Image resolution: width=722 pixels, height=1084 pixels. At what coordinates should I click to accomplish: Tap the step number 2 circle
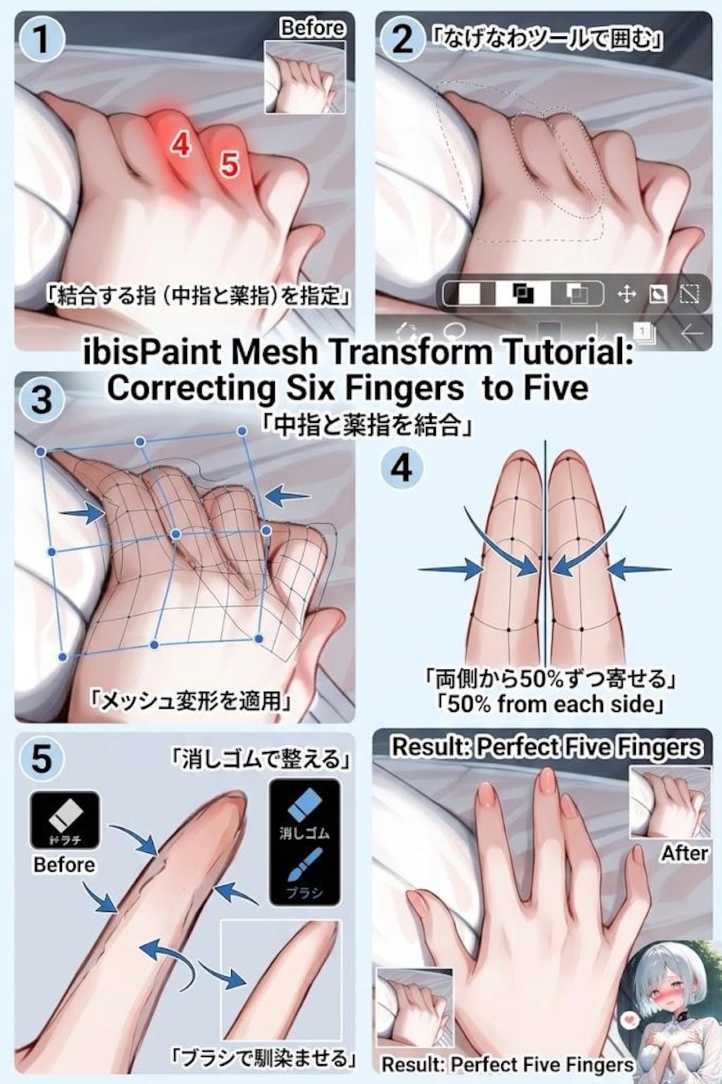point(403,39)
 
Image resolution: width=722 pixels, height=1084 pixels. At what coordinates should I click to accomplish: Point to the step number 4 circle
point(402,467)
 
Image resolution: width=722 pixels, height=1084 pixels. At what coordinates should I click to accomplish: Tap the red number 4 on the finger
point(181,144)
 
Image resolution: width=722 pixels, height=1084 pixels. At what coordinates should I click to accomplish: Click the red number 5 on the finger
point(229,164)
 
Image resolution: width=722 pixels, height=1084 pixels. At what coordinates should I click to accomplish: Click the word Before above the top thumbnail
point(312,27)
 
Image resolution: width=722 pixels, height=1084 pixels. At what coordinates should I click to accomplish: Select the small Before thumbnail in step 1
point(305,77)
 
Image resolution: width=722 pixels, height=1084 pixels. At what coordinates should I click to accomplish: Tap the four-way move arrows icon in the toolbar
point(626,294)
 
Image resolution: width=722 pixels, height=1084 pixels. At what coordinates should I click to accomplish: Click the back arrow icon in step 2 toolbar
point(692,332)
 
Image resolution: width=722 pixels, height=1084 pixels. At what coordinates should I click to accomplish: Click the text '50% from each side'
point(551,703)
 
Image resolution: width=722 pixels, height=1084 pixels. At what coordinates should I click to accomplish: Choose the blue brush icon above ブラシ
point(305,864)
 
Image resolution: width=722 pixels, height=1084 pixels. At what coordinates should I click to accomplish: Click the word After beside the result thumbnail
point(684,854)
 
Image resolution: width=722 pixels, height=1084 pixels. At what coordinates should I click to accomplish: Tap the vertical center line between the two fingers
point(546,550)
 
